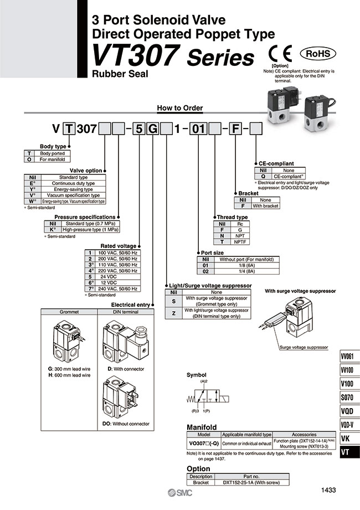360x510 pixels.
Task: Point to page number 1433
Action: pos(328,490)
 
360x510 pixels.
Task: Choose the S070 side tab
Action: pos(348,397)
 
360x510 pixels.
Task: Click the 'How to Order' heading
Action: pos(180,108)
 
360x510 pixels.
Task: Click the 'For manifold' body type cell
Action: pos(52,159)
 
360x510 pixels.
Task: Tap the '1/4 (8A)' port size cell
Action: pos(243,271)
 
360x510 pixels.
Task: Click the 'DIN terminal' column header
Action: pos(127,312)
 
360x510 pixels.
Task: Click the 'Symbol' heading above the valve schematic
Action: pos(196,375)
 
